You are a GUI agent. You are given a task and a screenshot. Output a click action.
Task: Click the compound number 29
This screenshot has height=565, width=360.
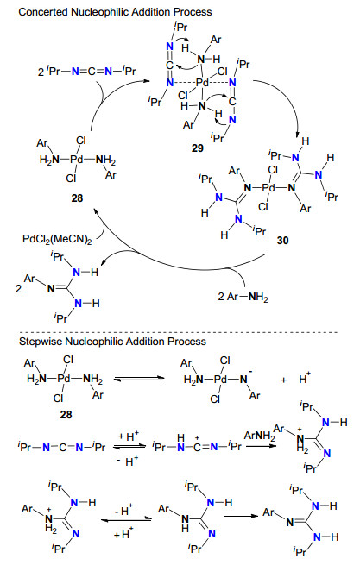[198, 148]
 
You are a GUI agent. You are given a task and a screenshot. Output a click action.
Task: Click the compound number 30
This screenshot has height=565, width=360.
[283, 240]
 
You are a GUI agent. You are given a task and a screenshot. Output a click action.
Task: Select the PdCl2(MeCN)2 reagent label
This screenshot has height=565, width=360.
[57, 239]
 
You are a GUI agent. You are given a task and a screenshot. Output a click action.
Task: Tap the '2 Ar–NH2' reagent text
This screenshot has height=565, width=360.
[243, 297]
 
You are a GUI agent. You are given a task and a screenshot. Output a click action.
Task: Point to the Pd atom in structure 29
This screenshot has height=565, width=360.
[202, 83]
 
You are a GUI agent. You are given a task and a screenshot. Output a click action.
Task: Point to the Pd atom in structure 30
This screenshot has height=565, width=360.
[268, 187]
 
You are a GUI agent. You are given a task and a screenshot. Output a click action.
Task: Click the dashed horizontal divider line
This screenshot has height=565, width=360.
[178, 332]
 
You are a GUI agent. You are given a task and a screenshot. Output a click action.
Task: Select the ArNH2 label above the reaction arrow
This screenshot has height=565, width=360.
[259, 436]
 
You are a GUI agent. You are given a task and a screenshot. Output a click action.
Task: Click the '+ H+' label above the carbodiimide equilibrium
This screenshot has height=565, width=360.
[129, 436]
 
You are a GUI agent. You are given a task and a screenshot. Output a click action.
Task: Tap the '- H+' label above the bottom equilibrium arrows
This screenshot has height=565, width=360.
[124, 511]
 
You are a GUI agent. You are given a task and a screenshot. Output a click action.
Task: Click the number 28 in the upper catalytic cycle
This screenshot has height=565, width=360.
[77, 198]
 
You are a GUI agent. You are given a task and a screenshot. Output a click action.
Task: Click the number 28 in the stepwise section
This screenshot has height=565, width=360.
[66, 414]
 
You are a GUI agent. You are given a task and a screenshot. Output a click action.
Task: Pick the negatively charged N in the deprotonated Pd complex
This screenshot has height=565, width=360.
[243, 379]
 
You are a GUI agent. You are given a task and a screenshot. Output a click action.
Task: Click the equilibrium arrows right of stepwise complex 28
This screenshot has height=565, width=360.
[138, 379]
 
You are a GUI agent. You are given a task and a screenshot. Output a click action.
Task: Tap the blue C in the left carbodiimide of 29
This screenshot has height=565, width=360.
[169, 66]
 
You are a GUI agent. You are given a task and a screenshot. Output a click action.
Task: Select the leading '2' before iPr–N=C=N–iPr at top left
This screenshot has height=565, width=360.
[41, 72]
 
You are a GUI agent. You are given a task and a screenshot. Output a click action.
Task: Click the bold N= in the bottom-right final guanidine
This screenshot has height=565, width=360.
[292, 523]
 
